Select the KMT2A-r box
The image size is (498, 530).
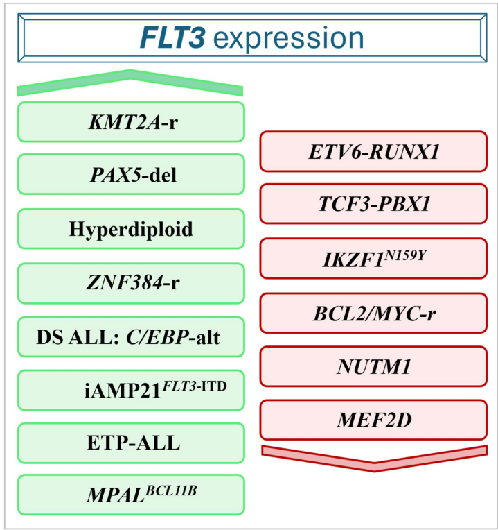coord(131,122)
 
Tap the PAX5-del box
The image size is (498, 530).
coord(131,175)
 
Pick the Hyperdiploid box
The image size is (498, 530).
coord(131,230)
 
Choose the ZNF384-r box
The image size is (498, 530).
coord(131,283)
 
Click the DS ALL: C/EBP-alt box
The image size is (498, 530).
coord(131,337)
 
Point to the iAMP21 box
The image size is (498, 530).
coord(131,390)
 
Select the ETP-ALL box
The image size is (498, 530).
coord(131,443)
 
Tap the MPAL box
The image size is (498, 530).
coord(131,495)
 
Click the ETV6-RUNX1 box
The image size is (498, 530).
coord(374,151)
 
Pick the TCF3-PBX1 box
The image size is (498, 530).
coord(374,204)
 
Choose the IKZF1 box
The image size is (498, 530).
coord(374,258)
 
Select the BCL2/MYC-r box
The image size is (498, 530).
coord(374,312)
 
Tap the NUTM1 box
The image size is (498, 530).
coord(374,366)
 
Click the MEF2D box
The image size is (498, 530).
coord(374,420)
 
